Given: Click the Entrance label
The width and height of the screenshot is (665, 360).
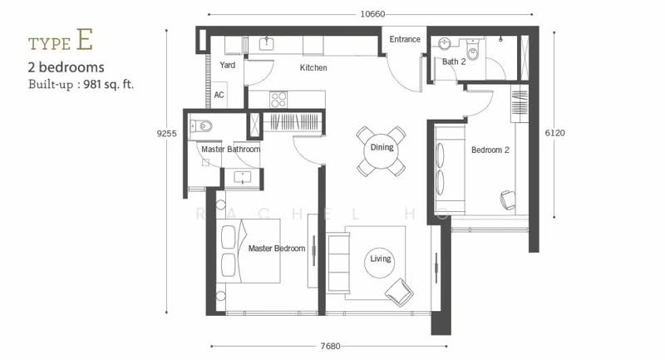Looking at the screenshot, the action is pos(405,39).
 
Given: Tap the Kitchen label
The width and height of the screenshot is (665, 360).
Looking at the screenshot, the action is pos(313,67).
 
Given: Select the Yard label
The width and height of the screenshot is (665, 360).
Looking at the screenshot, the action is pos(227,65).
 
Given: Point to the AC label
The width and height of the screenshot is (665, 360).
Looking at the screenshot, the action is pos(219,95).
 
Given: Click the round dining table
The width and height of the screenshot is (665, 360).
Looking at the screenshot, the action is pos(382,151).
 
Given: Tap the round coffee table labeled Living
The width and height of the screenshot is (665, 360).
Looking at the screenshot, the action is pos(380,263).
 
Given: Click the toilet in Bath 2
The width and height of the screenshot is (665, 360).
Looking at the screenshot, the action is pos(472,50).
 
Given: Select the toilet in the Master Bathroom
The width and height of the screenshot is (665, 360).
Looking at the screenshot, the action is pos(201,126).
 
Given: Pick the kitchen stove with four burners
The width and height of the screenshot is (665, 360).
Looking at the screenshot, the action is pos(278,99).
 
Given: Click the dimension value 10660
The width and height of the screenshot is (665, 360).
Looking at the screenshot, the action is pos(372,14).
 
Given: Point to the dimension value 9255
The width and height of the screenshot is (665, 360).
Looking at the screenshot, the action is pos(167,133).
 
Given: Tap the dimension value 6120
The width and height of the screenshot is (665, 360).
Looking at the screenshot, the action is pos(554,133).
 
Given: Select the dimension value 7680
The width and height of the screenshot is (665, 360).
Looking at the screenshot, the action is pos(330,346).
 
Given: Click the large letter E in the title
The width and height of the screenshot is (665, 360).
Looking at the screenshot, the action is pos(85,39).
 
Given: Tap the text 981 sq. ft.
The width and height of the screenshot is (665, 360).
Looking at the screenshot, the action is pos(109,84).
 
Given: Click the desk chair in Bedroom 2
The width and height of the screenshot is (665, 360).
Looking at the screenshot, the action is pos(508,200).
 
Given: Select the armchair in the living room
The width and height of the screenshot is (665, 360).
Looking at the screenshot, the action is pos(399,292).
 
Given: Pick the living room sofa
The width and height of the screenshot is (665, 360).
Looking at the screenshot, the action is pos(338,263).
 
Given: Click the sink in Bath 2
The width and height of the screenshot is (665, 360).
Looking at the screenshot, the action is pos(445,44).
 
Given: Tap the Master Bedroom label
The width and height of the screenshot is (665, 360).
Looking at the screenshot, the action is pos(277,249).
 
